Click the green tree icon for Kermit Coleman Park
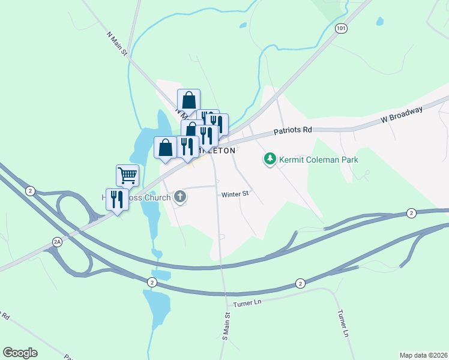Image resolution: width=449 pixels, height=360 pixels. click(270, 159)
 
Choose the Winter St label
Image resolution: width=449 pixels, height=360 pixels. click(234, 194)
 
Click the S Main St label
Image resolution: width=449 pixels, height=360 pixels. click(227, 326)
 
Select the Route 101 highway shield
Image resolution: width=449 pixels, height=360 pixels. click(341, 29)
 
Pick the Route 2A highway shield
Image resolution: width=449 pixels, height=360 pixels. click(58, 242)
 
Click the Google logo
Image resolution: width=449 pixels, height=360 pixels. click(20, 353)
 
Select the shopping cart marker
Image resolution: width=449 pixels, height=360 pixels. click(127, 175)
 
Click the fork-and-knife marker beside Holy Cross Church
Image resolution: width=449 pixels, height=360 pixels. click(117, 199)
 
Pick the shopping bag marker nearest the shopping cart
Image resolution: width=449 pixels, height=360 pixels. click(166, 148)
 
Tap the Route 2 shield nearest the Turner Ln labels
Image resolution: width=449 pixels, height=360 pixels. click(300, 283)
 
